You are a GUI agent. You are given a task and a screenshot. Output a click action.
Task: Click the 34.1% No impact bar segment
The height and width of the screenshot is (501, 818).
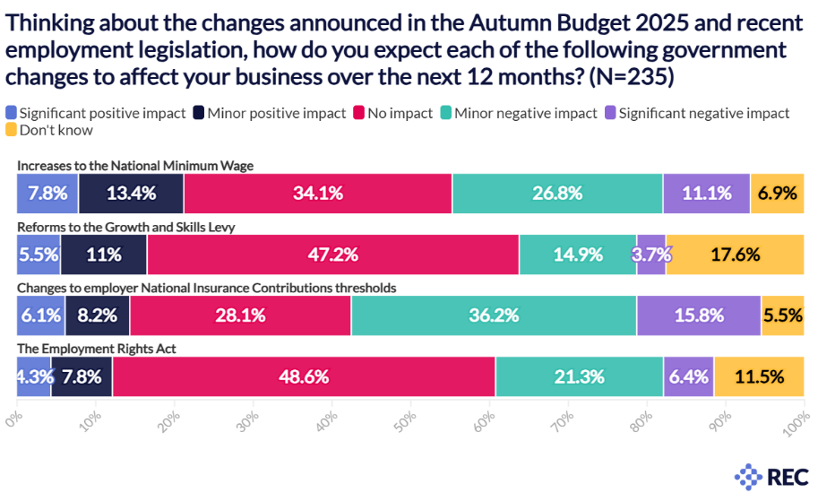point(318,194)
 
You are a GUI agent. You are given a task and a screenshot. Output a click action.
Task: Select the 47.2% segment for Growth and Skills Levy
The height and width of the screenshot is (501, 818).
point(333,255)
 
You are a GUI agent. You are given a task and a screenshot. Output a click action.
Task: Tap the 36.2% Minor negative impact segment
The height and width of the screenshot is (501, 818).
point(494,315)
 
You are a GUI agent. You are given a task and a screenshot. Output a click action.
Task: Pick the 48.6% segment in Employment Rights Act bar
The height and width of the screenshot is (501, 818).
point(304,376)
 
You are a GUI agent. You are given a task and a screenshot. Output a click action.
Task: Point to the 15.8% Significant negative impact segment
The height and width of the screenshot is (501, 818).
point(699,315)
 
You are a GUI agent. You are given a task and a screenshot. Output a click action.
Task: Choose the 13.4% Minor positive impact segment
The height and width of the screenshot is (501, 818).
point(131,194)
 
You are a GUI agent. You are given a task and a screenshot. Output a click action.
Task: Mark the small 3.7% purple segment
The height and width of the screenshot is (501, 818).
point(651,255)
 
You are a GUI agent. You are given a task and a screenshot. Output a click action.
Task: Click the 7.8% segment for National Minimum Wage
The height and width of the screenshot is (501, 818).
point(47,194)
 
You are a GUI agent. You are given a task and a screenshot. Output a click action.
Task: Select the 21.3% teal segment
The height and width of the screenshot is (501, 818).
point(579,376)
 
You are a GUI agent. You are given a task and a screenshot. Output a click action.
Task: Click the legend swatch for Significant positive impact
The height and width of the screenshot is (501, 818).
point(11,114)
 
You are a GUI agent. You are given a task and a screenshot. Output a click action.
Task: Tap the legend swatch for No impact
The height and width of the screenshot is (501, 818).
point(358,114)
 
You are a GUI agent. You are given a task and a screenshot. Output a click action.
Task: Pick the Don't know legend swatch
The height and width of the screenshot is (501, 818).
point(11,131)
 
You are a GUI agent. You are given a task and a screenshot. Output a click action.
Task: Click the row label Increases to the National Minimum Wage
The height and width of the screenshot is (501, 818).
point(135,166)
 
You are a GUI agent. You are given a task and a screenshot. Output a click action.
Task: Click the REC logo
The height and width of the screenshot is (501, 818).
point(765,475)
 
